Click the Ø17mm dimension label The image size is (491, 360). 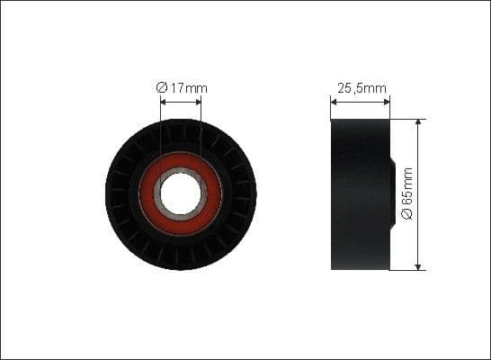pyautogui.click(x=182, y=88)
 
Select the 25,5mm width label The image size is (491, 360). pyautogui.click(x=361, y=88)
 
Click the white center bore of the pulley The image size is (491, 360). pyautogui.click(x=181, y=193)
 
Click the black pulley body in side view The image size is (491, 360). pyautogui.click(x=360, y=193)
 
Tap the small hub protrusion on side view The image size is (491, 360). pyautogui.click(x=393, y=193)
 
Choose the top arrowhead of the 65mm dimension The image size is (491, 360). pyautogui.click(x=417, y=121)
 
